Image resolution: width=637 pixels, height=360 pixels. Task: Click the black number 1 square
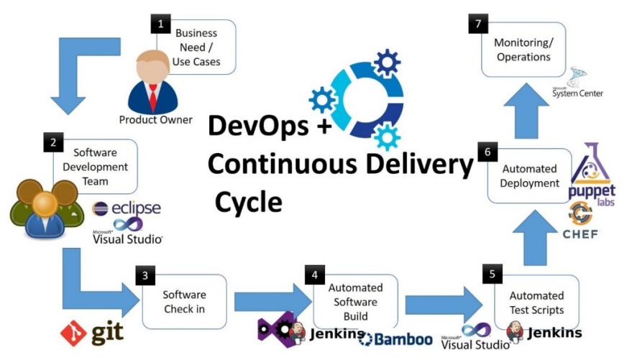160,24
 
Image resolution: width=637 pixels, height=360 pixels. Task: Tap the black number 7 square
477,24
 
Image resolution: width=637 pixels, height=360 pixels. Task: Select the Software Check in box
184,301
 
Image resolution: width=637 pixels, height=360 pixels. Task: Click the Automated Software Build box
355,301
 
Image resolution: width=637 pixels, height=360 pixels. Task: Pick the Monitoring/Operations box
522,50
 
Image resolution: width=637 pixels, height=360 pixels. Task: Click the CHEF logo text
579,234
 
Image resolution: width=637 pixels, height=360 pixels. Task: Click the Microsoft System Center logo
577,84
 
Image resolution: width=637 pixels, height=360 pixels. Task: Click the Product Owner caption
156,120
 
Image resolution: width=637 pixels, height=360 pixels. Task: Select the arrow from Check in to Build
265,300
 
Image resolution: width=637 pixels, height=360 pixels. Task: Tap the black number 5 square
492,274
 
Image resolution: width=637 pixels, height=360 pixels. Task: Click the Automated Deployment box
531,176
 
